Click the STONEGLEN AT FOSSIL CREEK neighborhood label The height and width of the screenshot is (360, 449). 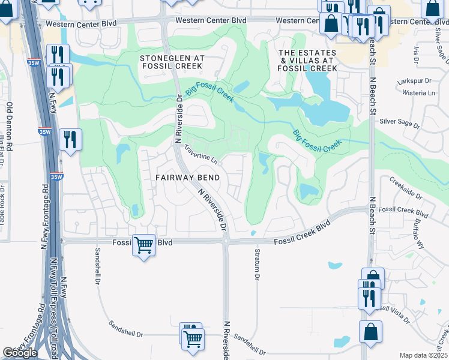pyautogui.click(x=172, y=62)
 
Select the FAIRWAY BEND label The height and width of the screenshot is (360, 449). pyautogui.click(x=188, y=178)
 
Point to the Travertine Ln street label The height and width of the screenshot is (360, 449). pyautogui.click(x=200, y=154)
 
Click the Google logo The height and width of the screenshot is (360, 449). pyautogui.click(x=20, y=353)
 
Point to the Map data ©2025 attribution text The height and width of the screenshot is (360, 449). pyautogui.click(x=423, y=355)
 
